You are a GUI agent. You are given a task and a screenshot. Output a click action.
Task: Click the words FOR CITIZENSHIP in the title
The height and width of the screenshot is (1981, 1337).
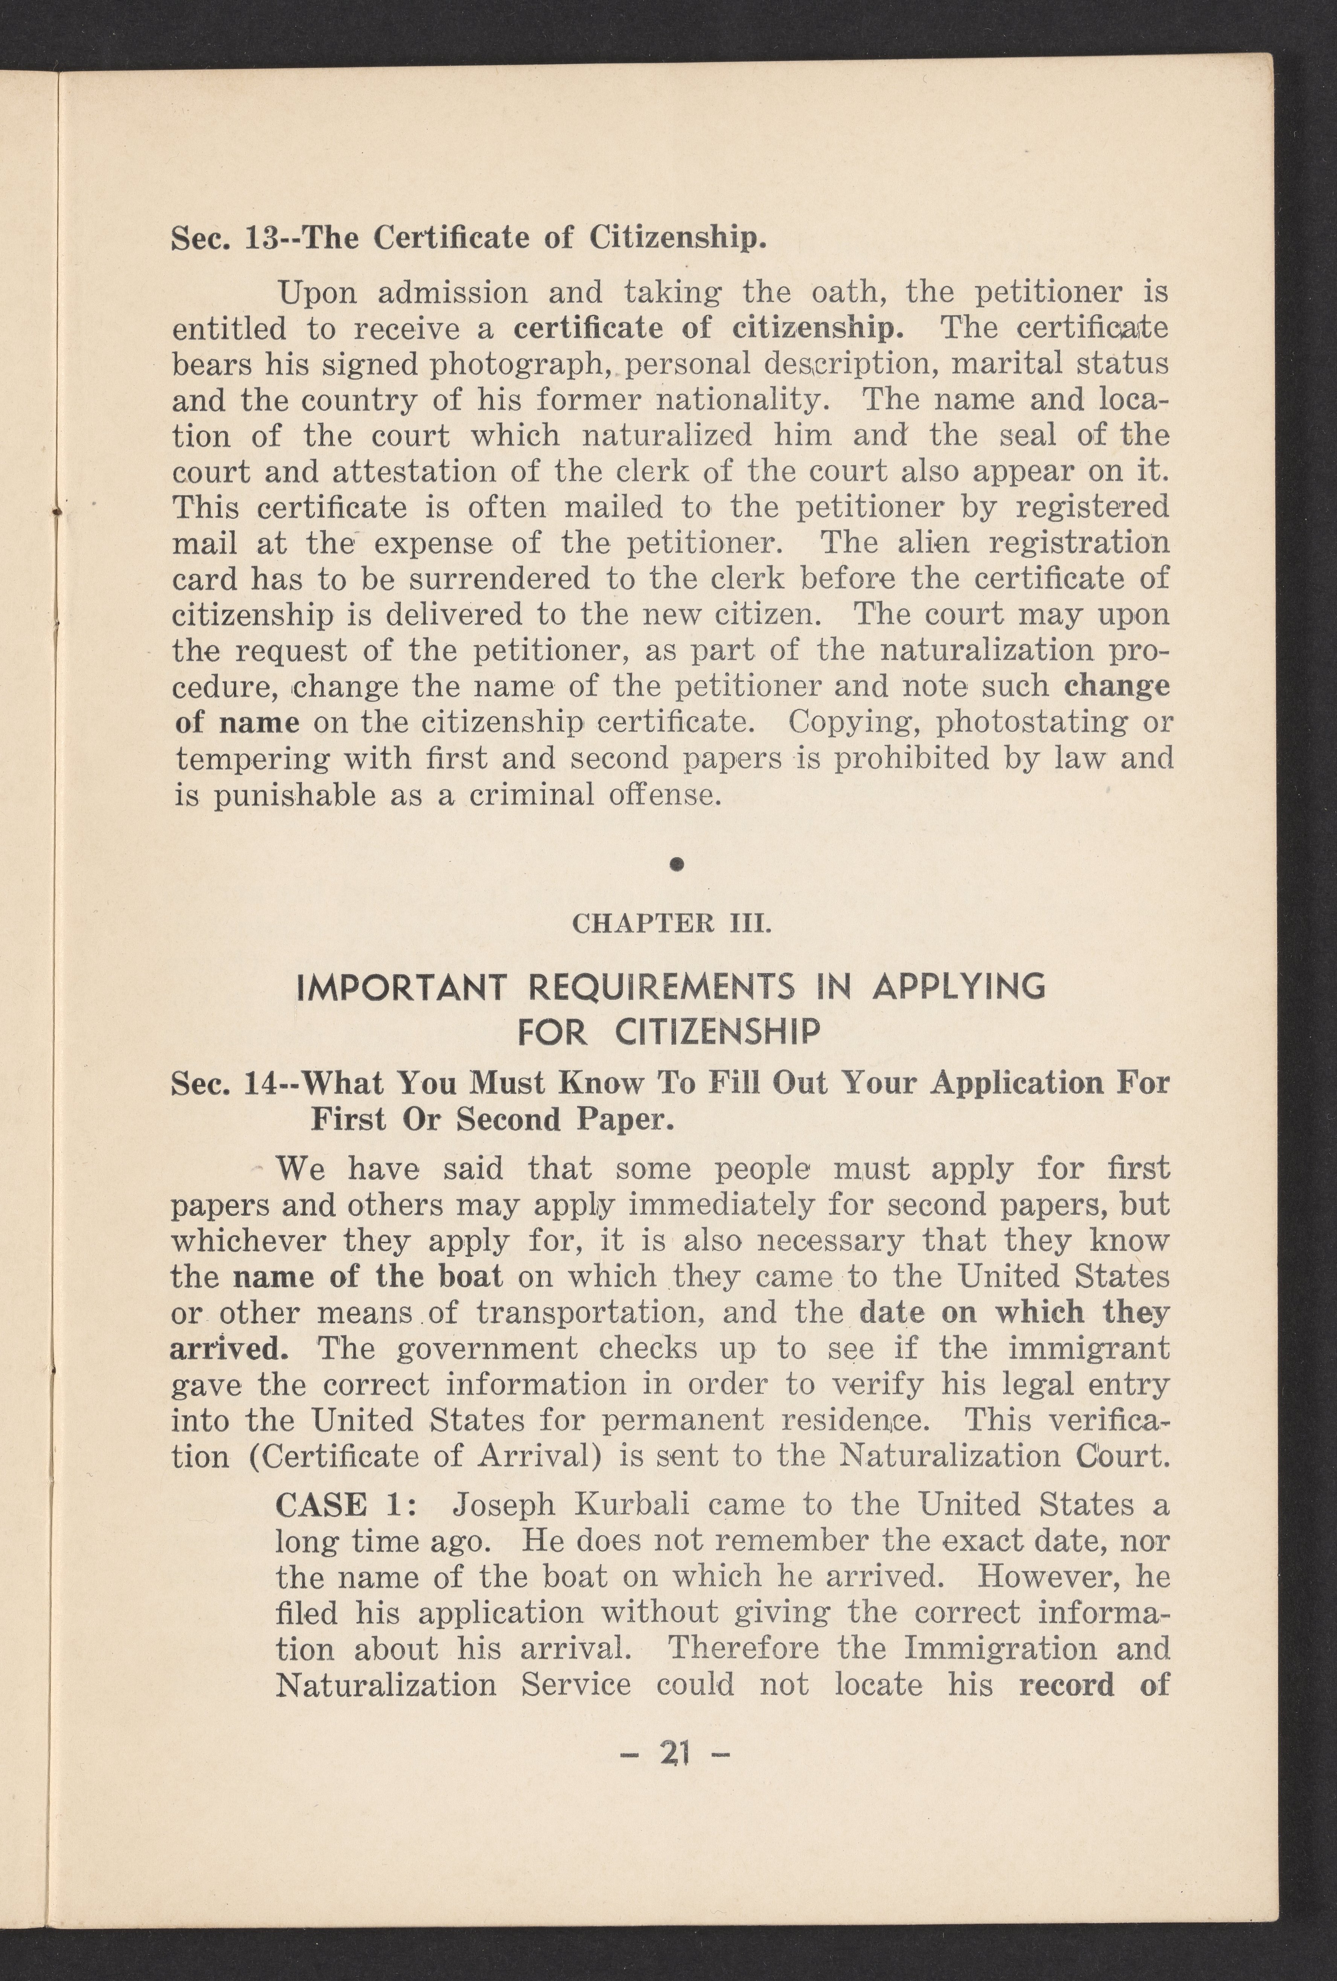pyautogui.click(x=669, y=1033)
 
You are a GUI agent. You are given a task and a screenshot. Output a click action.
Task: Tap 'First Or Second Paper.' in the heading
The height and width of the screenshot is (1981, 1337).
pyautogui.click(x=493, y=1119)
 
